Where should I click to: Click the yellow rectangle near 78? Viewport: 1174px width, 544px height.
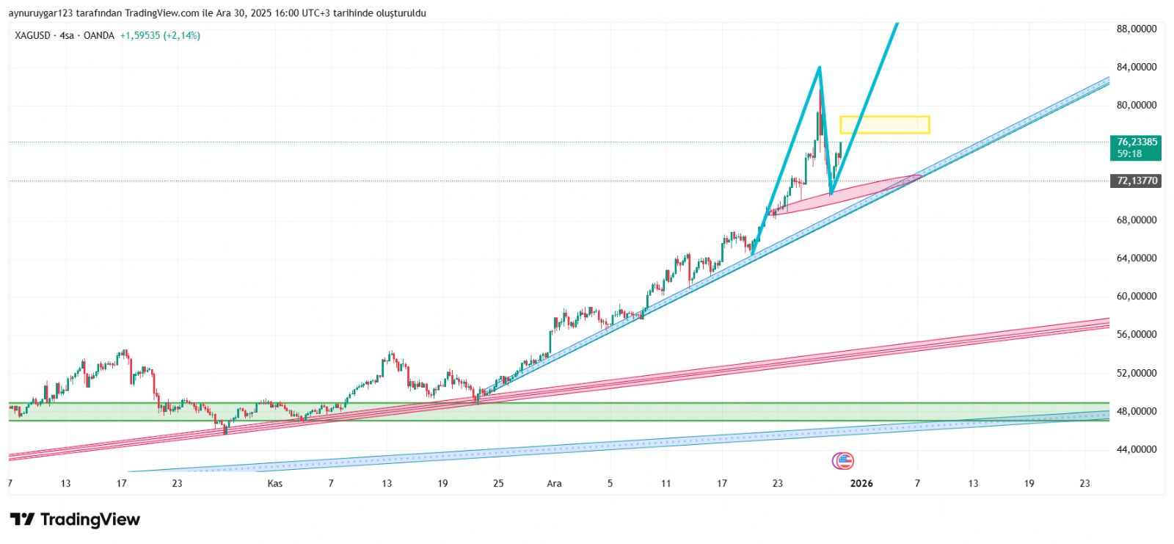pyautogui.click(x=884, y=125)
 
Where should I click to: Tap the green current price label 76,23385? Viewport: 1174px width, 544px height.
pyautogui.click(x=1137, y=142)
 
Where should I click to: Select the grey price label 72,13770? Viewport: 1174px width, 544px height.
pyautogui.click(x=1137, y=181)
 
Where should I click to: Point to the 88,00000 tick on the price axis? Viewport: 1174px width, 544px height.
pyautogui.click(x=1137, y=29)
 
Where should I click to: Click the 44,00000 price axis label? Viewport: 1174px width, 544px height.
pyautogui.click(x=1137, y=449)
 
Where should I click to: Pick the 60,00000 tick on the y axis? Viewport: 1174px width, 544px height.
pyautogui.click(x=1137, y=297)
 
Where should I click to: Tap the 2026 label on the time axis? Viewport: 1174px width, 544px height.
pyautogui.click(x=861, y=483)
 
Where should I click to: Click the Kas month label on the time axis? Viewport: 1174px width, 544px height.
pyautogui.click(x=275, y=483)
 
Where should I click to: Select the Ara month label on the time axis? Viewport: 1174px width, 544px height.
pyautogui.click(x=554, y=483)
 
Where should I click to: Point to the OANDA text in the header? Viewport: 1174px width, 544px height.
pyautogui.click(x=99, y=35)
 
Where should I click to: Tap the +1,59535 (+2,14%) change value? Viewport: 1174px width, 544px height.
pyautogui.click(x=160, y=35)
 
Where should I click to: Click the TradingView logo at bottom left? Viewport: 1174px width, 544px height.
pyautogui.click(x=75, y=520)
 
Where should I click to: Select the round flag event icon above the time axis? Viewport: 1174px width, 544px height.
pyautogui.click(x=843, y=461)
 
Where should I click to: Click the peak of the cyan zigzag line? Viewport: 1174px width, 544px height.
pyautogui.click(x=820, y=68)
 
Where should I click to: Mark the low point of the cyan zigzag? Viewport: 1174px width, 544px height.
pyautogui.click(x=831, y=194)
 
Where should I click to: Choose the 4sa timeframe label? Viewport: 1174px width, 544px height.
pyautogui.click(x=67, y=35)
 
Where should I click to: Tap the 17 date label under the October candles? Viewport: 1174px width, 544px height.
pyautogui.click(x=122, y=483)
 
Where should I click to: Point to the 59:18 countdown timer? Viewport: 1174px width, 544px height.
pyautogui.click(x=1129, y=153)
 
